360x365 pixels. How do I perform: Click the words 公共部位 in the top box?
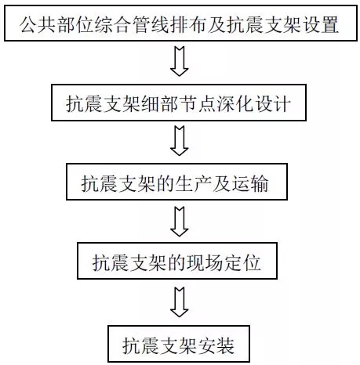56,24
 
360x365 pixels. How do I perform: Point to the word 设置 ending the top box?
321,24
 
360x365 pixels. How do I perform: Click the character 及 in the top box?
216,24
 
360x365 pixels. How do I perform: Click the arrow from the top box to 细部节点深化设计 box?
180,61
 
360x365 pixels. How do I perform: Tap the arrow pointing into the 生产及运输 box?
180,141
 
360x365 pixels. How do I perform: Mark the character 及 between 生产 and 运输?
221,183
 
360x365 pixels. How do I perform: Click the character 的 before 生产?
165,183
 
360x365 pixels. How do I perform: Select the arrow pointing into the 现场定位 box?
180,222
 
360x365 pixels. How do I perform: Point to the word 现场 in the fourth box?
204,262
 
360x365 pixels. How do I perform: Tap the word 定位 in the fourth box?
242,262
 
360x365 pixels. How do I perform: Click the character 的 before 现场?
176,262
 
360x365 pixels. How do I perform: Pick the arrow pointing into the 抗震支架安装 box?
180,302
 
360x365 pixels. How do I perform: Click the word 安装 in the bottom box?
216,345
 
